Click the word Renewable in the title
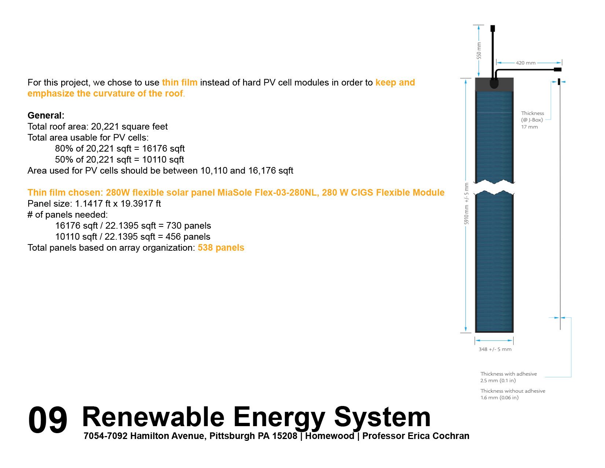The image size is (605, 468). [153, 417]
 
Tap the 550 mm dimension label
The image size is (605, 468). [478, 50]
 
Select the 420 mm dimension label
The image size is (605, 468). [526, 63]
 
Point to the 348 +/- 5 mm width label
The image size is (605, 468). [495, 349]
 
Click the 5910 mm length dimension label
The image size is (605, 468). [466, 203]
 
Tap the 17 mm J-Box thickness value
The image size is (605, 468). [529, 127]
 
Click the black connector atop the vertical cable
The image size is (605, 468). [492, 28]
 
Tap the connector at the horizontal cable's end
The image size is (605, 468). [558, 69]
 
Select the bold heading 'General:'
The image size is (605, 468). [46, 115]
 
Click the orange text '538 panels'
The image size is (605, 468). [221, 247]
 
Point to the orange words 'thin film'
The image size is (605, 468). [180, 83]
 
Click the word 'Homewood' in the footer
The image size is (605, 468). [330, 436]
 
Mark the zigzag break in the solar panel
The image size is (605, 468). [494, 188]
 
